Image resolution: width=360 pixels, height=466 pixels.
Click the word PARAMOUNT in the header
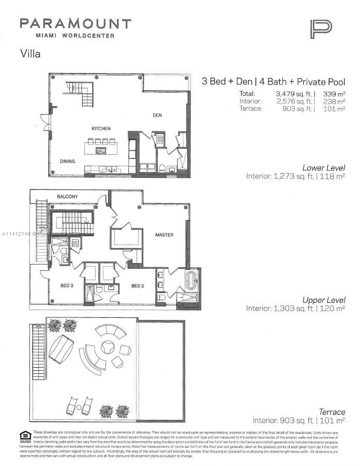tap(76, 24)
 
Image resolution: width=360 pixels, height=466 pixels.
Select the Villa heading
tap(30, 53)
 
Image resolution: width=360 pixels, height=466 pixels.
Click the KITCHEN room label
tap(101, 128)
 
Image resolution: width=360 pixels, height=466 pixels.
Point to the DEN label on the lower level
tap(157, 115)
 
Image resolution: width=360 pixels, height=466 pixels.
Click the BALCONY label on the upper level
tap(67, 197)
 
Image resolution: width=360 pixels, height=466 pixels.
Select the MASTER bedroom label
tap(164, 235)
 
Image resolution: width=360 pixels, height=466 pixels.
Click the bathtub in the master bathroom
tap(191, 281)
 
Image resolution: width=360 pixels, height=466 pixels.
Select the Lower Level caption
tap(324, 167)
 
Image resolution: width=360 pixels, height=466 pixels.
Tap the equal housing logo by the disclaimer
tap(23, 435)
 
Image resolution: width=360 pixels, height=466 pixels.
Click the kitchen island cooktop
tap(101, 151)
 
